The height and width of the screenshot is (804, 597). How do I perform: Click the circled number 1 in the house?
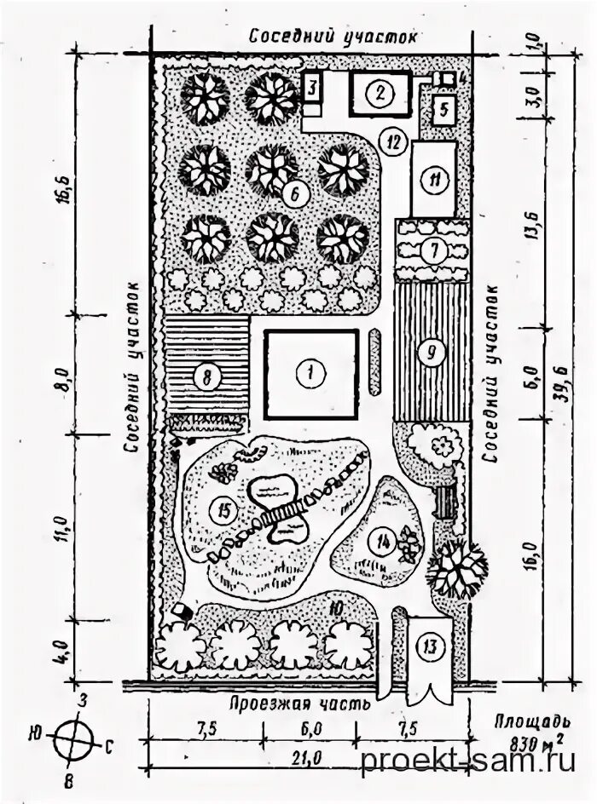tap(311, 372)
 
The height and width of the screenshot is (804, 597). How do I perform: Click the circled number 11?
tap(436, 181)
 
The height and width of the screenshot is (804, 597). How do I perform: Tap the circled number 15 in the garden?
tap(224, 510)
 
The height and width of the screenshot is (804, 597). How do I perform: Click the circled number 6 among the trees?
tap(294, 194)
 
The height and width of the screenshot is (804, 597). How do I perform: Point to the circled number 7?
tap(434, 250)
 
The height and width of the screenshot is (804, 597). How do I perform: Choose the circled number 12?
tap(391, 141)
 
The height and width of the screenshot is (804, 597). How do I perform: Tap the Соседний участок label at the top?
tap(333, 37)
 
